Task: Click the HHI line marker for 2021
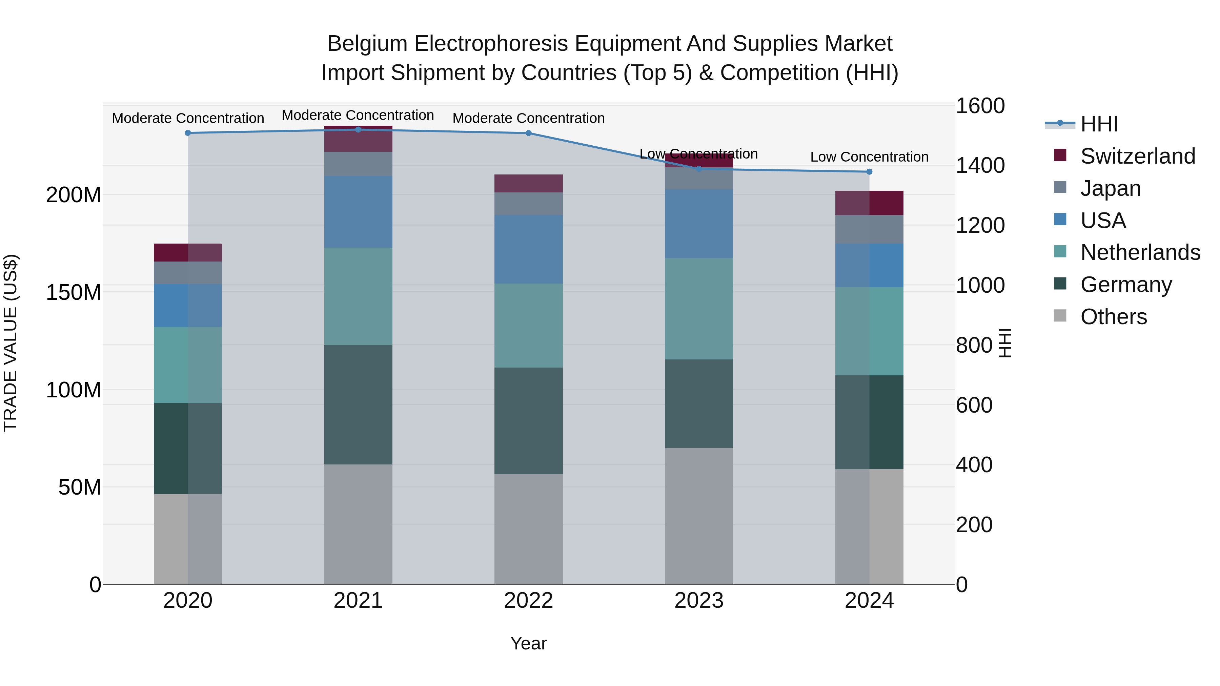358,130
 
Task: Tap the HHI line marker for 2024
869,172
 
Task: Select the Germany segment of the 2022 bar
529,421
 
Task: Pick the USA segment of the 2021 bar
358,212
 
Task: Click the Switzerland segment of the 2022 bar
529,183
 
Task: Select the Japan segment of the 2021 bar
358,164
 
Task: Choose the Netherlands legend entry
1140,252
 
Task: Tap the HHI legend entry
1099,124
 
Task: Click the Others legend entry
1113,317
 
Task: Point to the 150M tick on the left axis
74,292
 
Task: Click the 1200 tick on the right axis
979,225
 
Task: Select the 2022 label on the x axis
529,601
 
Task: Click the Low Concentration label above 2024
869,157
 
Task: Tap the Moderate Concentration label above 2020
188,118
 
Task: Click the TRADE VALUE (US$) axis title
11,343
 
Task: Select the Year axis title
529,643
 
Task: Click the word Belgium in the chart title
367,44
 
